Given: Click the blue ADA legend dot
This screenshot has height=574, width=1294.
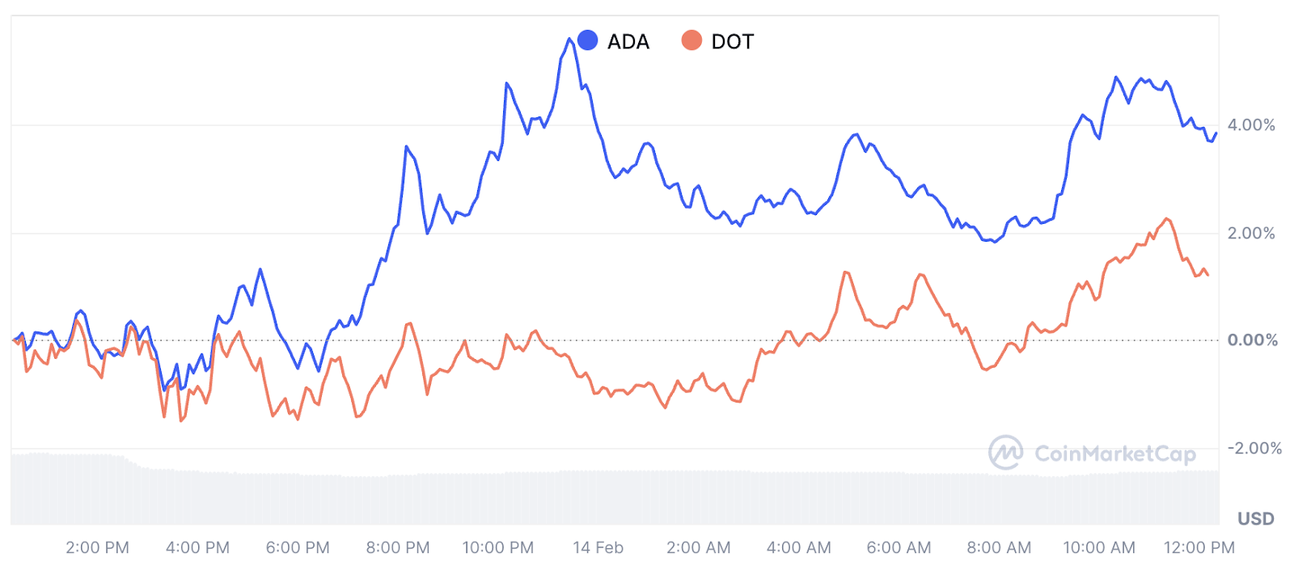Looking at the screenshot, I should coord(588,40).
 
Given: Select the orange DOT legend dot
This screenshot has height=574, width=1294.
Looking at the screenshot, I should coord(691,40).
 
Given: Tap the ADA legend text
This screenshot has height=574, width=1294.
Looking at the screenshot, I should coord(628,41).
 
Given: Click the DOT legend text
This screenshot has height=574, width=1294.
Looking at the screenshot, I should coord(733,41).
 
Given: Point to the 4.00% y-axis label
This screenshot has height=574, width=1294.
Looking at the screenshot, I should coord(1251,125).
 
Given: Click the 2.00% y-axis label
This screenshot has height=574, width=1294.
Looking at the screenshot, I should coord(1251,234).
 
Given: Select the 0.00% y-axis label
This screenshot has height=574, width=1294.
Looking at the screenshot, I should coord(1253,340).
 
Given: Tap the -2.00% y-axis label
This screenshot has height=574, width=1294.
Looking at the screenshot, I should coord(1254,449).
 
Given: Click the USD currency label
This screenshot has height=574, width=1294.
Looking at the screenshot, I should coord(1256,519).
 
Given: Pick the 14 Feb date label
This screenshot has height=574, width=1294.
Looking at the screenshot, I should coord(598,548).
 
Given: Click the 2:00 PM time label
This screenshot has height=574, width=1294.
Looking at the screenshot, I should coord(97,548).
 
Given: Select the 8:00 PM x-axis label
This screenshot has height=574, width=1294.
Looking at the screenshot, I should coord(398,548).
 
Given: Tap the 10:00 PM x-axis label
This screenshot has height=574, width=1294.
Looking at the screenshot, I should coord(498,548).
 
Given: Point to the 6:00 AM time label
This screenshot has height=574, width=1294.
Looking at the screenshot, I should coord(899,548).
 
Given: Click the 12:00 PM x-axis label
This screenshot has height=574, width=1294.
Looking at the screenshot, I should coord(1199,548).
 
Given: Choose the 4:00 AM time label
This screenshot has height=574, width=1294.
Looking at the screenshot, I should coord(799,548).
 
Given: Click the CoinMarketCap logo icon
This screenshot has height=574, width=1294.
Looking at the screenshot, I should coord(1006,453).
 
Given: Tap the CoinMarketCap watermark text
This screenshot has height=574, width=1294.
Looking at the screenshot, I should coord(1115,454).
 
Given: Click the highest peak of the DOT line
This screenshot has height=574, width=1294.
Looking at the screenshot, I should coord(1167,218).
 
